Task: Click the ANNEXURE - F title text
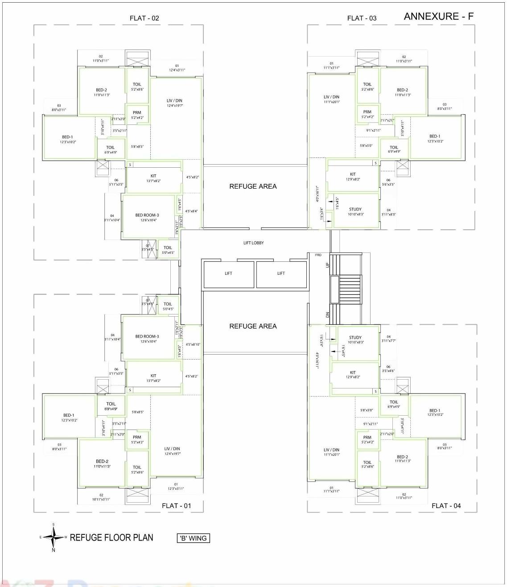438,17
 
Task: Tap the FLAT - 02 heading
144,18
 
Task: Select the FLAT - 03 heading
362,18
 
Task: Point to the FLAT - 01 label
176,505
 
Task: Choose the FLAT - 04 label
446,505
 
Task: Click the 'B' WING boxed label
193,538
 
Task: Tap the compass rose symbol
54,537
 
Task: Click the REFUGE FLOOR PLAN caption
111,537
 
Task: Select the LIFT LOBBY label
253,243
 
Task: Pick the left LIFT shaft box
228,274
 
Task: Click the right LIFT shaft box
281,274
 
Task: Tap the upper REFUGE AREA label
253,186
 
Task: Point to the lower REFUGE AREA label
253,326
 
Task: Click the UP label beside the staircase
328,265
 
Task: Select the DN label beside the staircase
328,314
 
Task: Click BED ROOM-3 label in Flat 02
147,215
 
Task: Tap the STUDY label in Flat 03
355,209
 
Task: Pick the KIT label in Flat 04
353,372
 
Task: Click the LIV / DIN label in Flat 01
172,449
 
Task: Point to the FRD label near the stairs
318,255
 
